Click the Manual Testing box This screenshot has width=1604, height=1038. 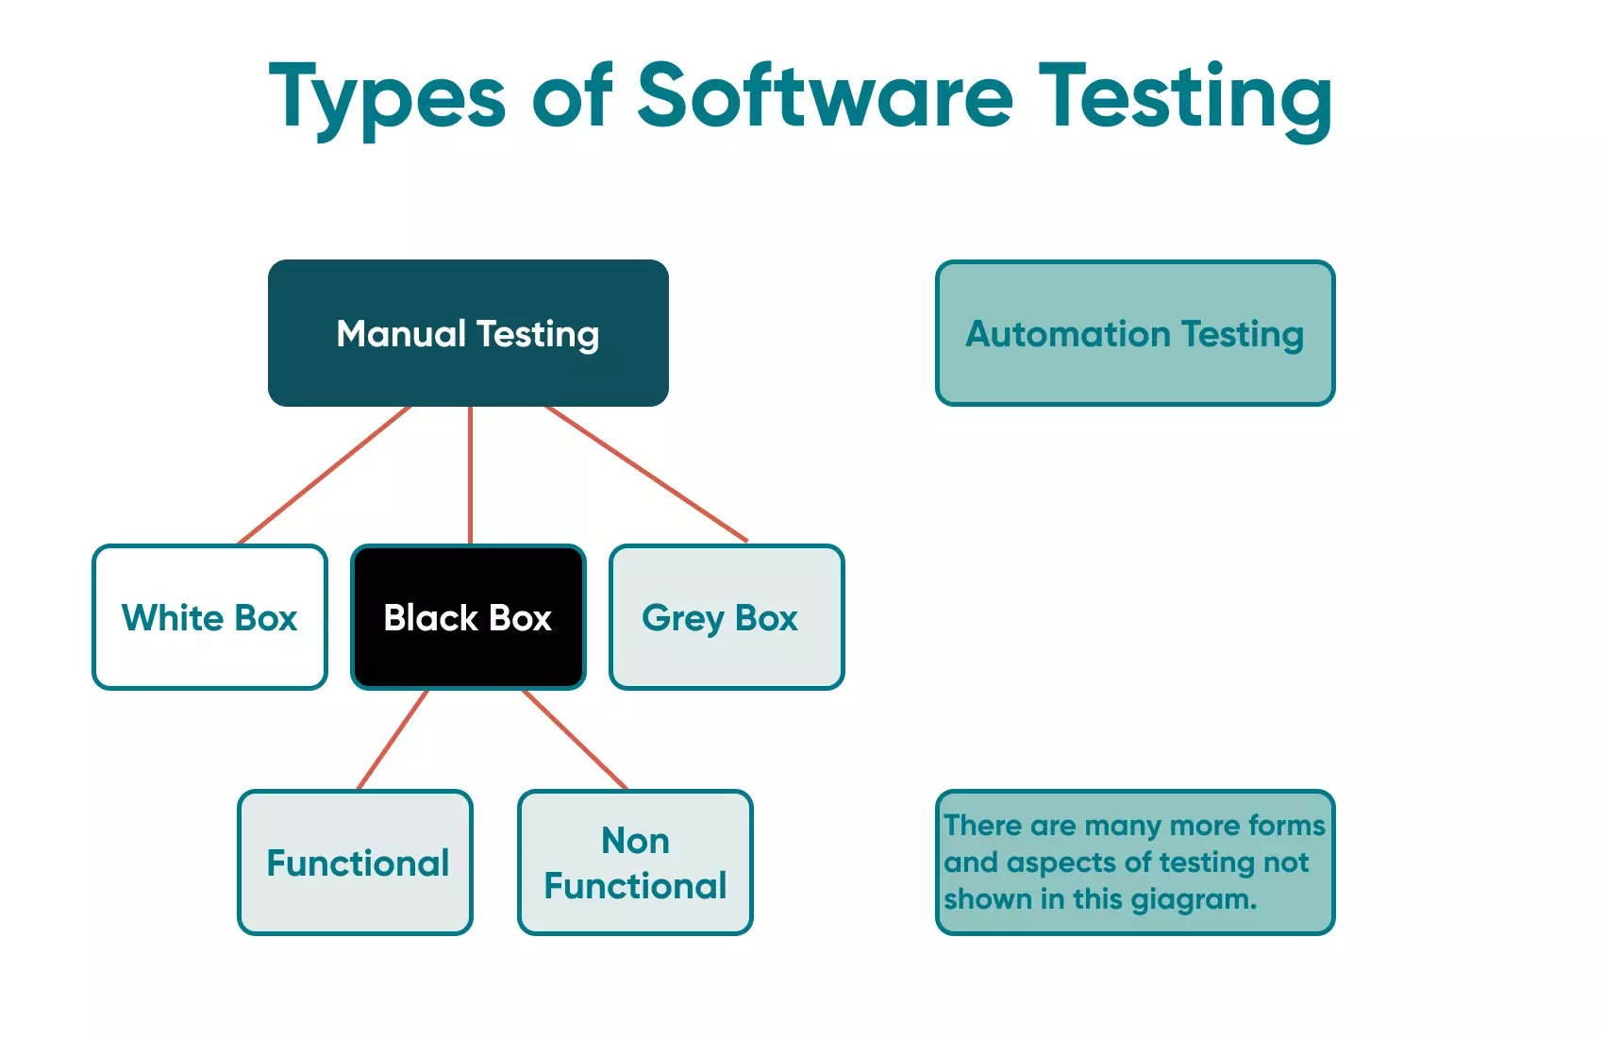click(x=468, y=333)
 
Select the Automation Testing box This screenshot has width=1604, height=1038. click(x=1135, y=333)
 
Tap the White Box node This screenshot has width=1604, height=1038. click(x=209, y=617)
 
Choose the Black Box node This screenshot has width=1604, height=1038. click(x=468, y=617)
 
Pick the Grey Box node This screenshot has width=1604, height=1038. click(x=727, y=617)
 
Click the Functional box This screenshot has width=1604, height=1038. click(x=355, y=862)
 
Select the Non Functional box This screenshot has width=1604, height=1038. click(x=635, y=862)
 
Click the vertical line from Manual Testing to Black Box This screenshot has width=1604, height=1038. click(x=470, y=475)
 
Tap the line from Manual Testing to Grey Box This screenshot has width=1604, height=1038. click(x=646, y=474)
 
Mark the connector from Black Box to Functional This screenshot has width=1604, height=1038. click(x=393, y=740)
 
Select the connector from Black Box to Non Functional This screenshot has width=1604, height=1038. click(x=575, y=740)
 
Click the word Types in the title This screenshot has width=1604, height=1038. click(x=388, y=97)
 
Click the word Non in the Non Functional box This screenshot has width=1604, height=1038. click(x=635, y=840)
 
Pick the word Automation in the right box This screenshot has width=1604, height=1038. click(x=1067, y=334)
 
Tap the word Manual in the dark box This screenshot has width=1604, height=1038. click(x=401, y=334)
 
